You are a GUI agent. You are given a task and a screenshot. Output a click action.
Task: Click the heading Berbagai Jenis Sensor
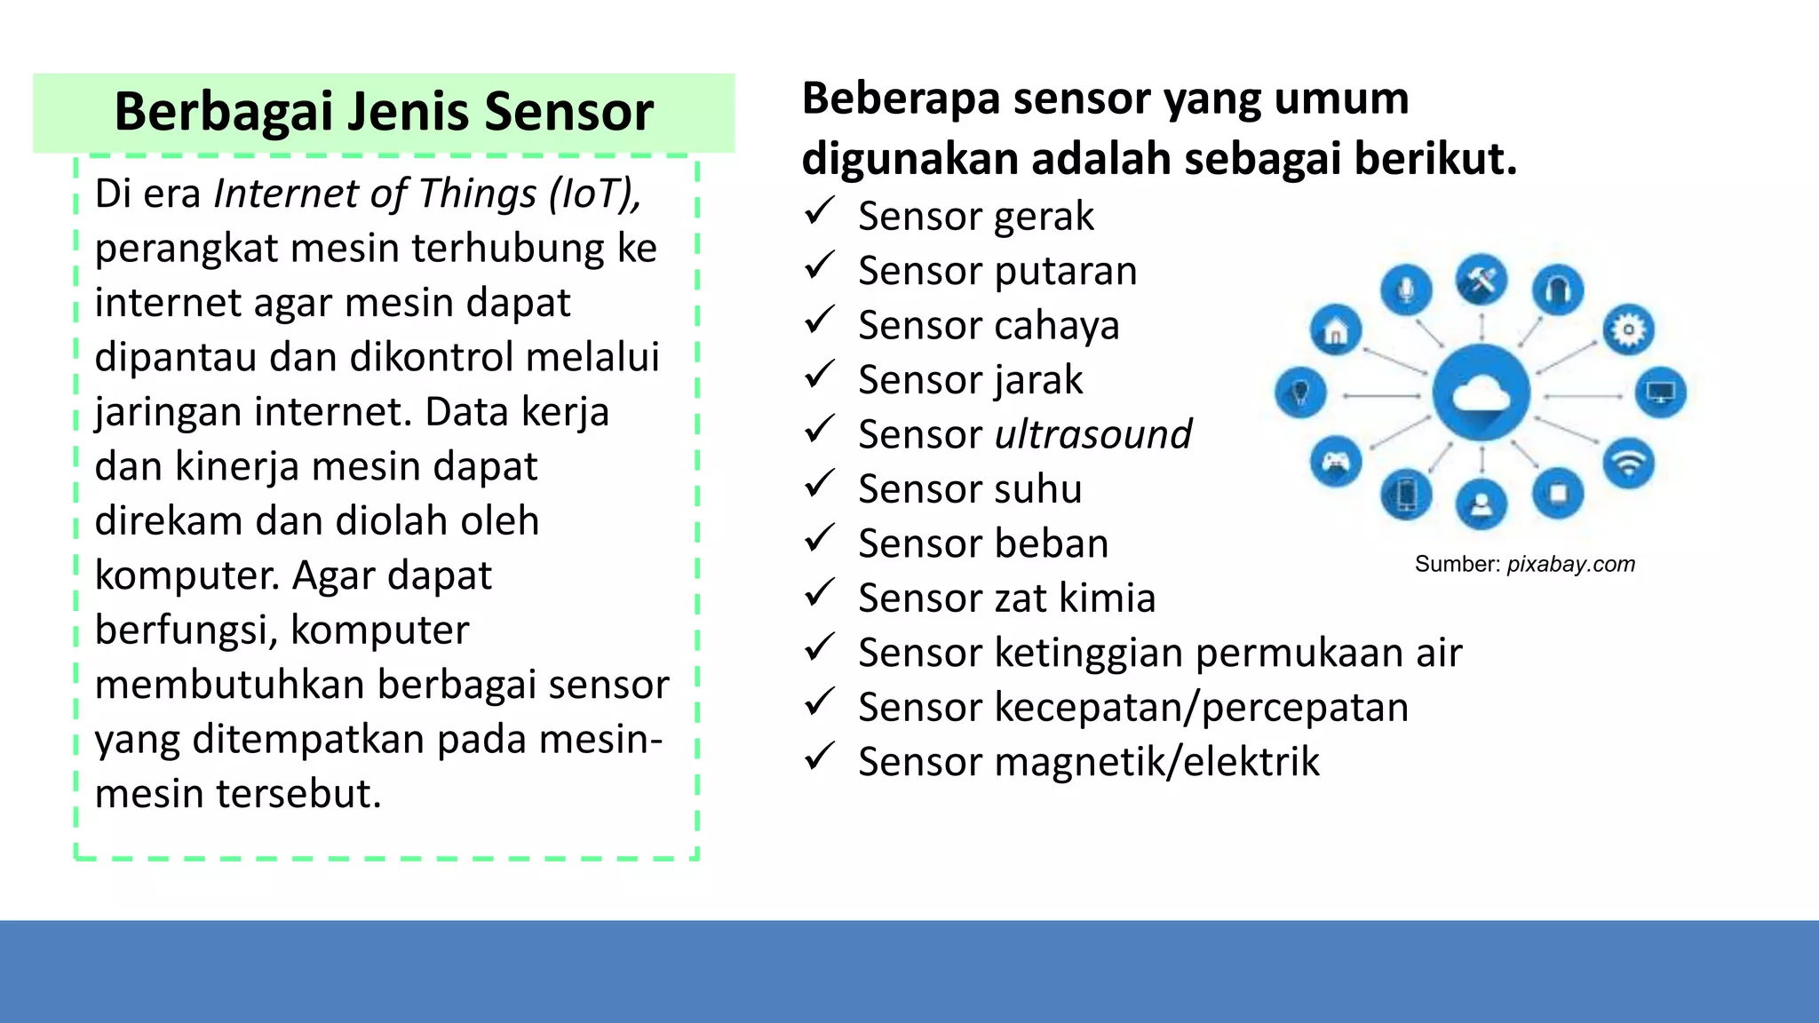point(384,113)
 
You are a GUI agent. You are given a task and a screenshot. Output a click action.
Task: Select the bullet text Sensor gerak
point(975,217)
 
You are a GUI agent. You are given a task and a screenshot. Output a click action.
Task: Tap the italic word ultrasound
point(1092,435)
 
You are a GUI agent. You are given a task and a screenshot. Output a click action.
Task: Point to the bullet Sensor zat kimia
point(1006,599)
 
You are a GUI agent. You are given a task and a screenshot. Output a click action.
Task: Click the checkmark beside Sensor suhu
point(819,485)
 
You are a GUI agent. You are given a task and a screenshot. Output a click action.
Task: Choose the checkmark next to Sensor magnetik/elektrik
point(819,757)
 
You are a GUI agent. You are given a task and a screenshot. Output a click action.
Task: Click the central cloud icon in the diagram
point(1481,393)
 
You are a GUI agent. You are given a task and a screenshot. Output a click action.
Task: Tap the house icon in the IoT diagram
point(1335,331)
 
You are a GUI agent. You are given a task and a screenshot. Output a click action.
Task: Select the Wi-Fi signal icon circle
point(1628,464)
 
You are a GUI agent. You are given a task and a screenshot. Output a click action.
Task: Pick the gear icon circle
point(1628,330)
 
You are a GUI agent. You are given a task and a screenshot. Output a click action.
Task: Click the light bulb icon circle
point(1300,393)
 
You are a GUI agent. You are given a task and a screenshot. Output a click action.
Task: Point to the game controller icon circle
point(1336,462)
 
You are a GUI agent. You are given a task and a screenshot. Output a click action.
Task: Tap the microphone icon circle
point(1406,289)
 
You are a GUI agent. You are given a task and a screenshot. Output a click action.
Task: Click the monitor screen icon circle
point(1660,392)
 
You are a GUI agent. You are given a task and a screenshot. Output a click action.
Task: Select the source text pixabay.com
point(1570,565)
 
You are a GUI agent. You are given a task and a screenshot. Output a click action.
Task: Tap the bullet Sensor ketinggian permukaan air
point(1159,654)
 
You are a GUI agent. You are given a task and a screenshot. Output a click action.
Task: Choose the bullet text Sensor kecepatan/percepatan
point(1132,708)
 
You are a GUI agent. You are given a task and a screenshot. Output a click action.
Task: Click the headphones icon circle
point(1558,289)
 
